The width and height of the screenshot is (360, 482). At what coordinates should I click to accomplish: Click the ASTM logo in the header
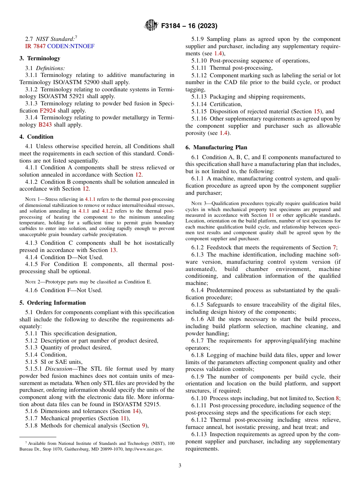coord(152,26)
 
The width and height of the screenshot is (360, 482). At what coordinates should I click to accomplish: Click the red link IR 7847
coord(35,46)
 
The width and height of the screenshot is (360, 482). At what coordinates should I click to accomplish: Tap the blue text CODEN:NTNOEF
coord(71,46)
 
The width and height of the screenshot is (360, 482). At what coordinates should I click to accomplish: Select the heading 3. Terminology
coord(40,58)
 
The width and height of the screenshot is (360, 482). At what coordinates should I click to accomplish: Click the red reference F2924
coord(47,111)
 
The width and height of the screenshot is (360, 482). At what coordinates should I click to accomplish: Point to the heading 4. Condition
coord(36,137)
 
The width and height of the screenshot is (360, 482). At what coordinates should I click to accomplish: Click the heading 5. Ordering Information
coord(53,303)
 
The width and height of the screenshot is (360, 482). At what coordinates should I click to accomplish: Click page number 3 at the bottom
coord(180,466)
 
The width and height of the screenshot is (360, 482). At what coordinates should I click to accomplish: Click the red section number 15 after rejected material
coord(317,111)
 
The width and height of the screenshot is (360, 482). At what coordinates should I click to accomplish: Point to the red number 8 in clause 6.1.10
coord(337,398)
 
